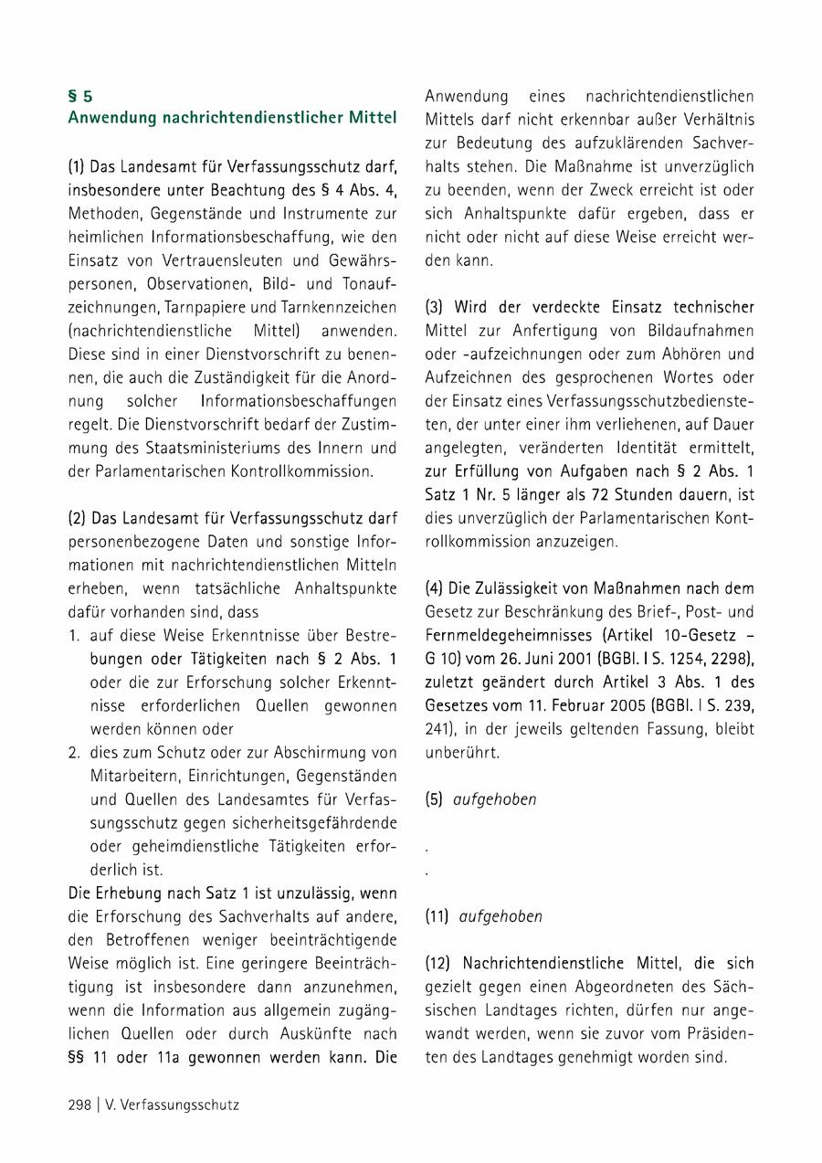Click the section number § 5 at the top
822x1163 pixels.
[80, 95]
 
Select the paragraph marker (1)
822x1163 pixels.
[77, 166]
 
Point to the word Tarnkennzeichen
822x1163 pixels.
[342, 306]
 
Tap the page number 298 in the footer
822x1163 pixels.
[79, 1105]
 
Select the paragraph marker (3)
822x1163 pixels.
[436, 306]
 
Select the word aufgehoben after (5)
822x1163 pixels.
[495, 799]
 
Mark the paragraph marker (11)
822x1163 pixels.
[438, 916]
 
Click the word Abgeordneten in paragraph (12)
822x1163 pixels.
[629, 988]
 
